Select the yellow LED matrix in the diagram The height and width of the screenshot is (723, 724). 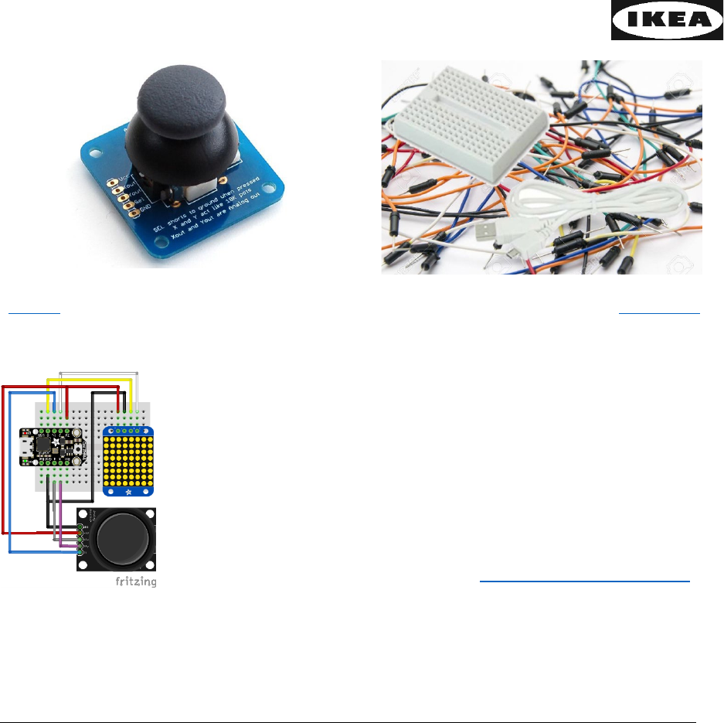[x=128, y=457]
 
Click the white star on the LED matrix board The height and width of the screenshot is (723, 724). [x=128, y=490]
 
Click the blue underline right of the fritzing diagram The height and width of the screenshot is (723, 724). [x=584, y=580]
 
